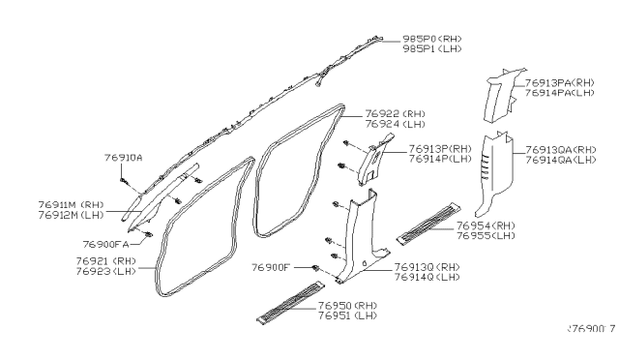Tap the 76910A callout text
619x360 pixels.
[123, 156]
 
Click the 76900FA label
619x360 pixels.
[105, 244]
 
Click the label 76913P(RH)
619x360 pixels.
[440, 148]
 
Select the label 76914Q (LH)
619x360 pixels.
[427, 278]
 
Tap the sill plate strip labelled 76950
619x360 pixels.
[288, 302]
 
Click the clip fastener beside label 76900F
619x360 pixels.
[316, 267]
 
